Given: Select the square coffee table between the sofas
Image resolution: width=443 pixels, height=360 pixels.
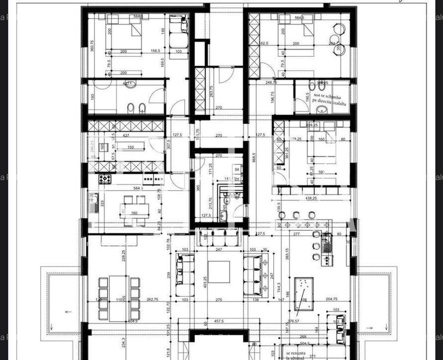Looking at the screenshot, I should (x=219, y=272).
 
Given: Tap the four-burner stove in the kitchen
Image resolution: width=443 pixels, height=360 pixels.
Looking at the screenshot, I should (x=105, y=179).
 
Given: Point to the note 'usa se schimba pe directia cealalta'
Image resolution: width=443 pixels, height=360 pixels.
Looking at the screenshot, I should (x=327, y=99).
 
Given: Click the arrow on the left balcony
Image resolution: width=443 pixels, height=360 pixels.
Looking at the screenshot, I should (x=68, y=312).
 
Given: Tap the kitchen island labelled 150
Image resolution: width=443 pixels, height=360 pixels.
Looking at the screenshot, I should (x=130, y=148).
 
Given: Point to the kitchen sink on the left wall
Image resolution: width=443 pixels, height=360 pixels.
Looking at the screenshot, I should (x=94, y=202).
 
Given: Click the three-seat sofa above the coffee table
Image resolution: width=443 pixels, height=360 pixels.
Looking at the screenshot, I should (x=218, y=240).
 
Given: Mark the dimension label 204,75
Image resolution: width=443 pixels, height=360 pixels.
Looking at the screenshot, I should (x=332, y=299).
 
